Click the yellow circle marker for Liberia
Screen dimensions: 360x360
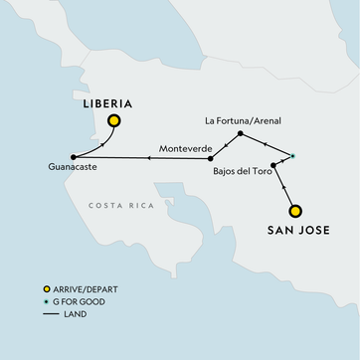[114, 121]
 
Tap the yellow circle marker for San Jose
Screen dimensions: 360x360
[295, 210]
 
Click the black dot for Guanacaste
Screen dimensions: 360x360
[74, 156]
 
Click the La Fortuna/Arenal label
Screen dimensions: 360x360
[243, 121]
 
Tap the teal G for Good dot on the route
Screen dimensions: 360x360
[291, 155]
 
